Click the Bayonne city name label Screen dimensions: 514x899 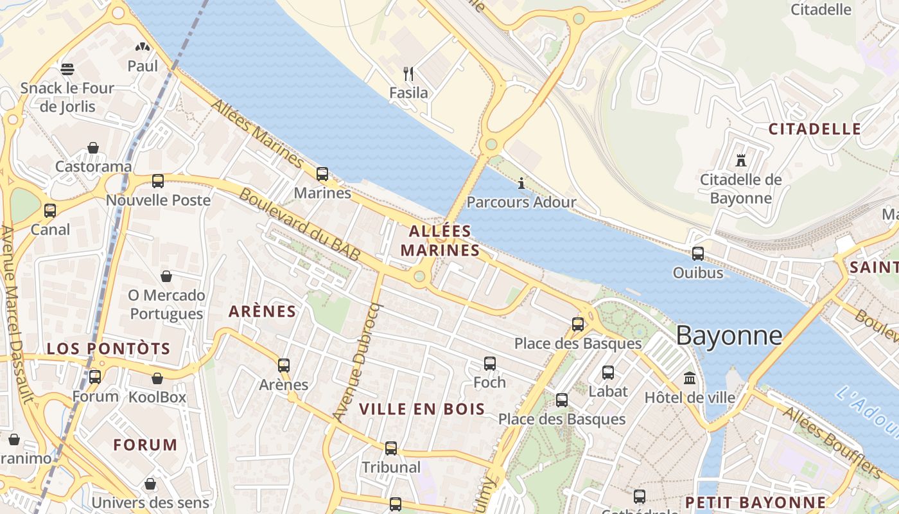pos(729,335)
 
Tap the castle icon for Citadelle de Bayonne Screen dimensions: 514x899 pos(741,160)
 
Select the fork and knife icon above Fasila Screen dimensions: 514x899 pos(408,73)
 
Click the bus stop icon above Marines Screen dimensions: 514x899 pos(322,173)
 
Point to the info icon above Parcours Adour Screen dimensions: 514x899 pos(521,183)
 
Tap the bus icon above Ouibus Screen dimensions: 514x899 pos(698,253)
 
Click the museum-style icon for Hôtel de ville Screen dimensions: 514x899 pos(690,378)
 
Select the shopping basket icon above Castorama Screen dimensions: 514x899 pos(93,148)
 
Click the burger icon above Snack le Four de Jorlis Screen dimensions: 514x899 pos(67,69)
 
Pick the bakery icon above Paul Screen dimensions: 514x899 pos(143,47)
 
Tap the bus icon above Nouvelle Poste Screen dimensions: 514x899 pos(158,181)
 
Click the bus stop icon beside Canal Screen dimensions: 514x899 pos(49,210)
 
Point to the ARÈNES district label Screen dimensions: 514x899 pos(262,312)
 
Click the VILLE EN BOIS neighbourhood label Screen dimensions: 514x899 pos(422,409)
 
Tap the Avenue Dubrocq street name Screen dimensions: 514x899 pos(357,363)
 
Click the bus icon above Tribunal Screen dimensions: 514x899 pos(391,448)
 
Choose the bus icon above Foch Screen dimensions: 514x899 pos(490,363)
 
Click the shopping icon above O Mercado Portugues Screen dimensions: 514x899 pos(166,276)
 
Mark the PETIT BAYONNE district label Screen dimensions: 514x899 pos(755,502)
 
